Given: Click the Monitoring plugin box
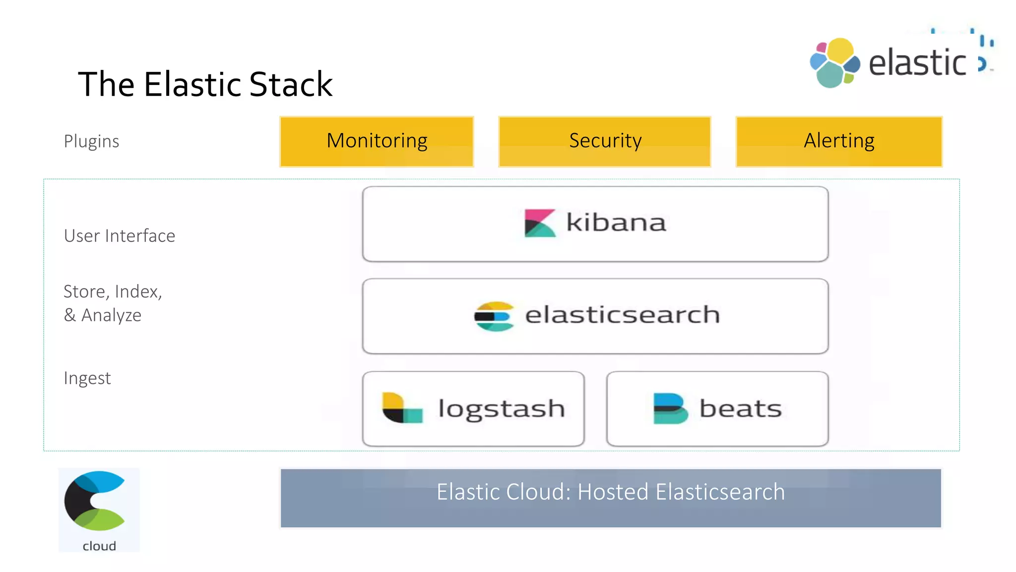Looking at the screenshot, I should [377, 142].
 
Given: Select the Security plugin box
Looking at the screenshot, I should [604, 142].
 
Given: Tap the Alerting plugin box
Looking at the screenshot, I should [838, 142].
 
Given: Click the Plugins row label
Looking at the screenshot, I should [91, 142].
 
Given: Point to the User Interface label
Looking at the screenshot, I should [119, 236].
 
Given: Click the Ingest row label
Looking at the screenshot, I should [87, 378].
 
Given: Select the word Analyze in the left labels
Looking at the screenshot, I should [111, 316].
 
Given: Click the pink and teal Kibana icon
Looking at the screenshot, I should [539, 223].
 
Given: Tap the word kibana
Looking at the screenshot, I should [616, 222].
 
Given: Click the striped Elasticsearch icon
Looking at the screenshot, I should [494, 316].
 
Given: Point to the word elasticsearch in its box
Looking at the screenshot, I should [622, 315].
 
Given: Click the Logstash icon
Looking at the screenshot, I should [401, 408].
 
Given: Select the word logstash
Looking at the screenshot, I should [501, 409].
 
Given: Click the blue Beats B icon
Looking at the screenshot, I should [670, 408].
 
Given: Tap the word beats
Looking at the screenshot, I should [740, 409].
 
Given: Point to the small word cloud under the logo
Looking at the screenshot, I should [99, 546].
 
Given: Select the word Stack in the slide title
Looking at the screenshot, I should [291, 84].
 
